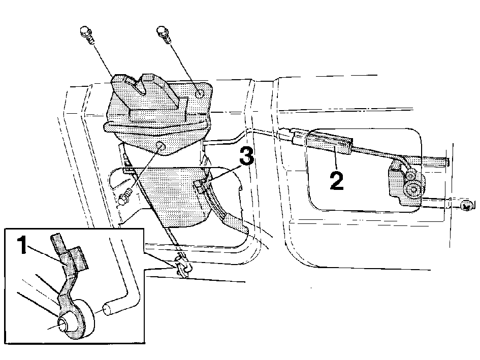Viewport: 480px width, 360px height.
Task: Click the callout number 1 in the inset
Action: (x=22, y=245)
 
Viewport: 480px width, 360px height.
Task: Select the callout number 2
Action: (x=336, y=180)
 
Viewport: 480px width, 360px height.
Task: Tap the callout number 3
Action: (x=246, y=155)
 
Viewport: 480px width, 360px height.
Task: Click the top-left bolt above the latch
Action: (x=87, y=35)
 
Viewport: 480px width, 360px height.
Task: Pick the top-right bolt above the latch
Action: (x=163, y=35)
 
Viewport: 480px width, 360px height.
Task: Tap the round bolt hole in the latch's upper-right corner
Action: (x=200, y=93)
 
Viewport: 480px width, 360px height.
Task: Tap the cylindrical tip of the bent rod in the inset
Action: (x=110, y=309)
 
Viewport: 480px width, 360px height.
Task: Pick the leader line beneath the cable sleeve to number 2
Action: (x=336, y=158)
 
